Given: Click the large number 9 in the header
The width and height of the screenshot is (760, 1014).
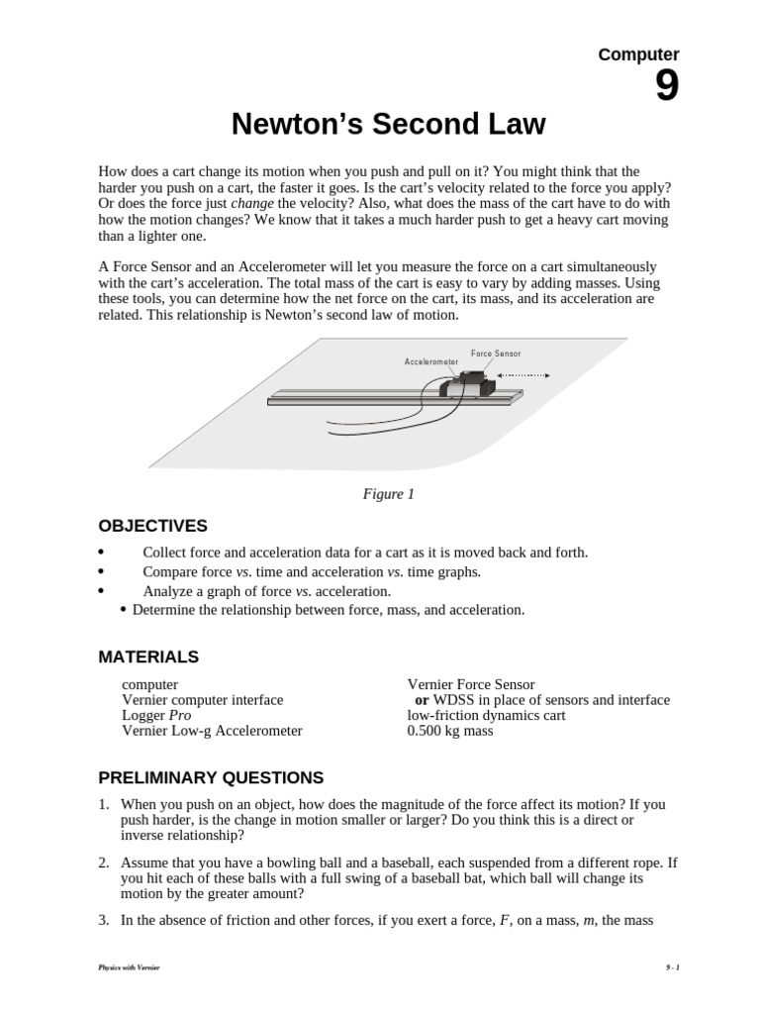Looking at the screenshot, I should click(666, 88).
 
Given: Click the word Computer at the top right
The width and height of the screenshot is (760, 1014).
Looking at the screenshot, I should click(638, 55).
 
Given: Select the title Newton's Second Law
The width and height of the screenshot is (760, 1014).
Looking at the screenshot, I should click(388, 126).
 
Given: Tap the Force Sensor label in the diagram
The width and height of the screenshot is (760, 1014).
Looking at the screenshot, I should click(495, 354).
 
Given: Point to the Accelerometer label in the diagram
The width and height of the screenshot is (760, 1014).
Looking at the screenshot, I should click(430, 362).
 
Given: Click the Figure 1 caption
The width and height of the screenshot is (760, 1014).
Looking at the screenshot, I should click(388, 494).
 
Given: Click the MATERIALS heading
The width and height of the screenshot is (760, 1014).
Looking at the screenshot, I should click(148, 657).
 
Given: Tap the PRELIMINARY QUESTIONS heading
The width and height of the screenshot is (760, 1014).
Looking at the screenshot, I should click(210, 777).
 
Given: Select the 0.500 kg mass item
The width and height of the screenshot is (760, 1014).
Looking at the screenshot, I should click(449, 731).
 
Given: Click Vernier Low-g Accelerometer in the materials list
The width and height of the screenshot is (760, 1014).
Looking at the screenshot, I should click(212, 731).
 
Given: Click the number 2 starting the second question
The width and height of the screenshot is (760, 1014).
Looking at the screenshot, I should click(103, 863).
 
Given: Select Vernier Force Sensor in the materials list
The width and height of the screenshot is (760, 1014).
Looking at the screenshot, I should click(470, 684).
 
